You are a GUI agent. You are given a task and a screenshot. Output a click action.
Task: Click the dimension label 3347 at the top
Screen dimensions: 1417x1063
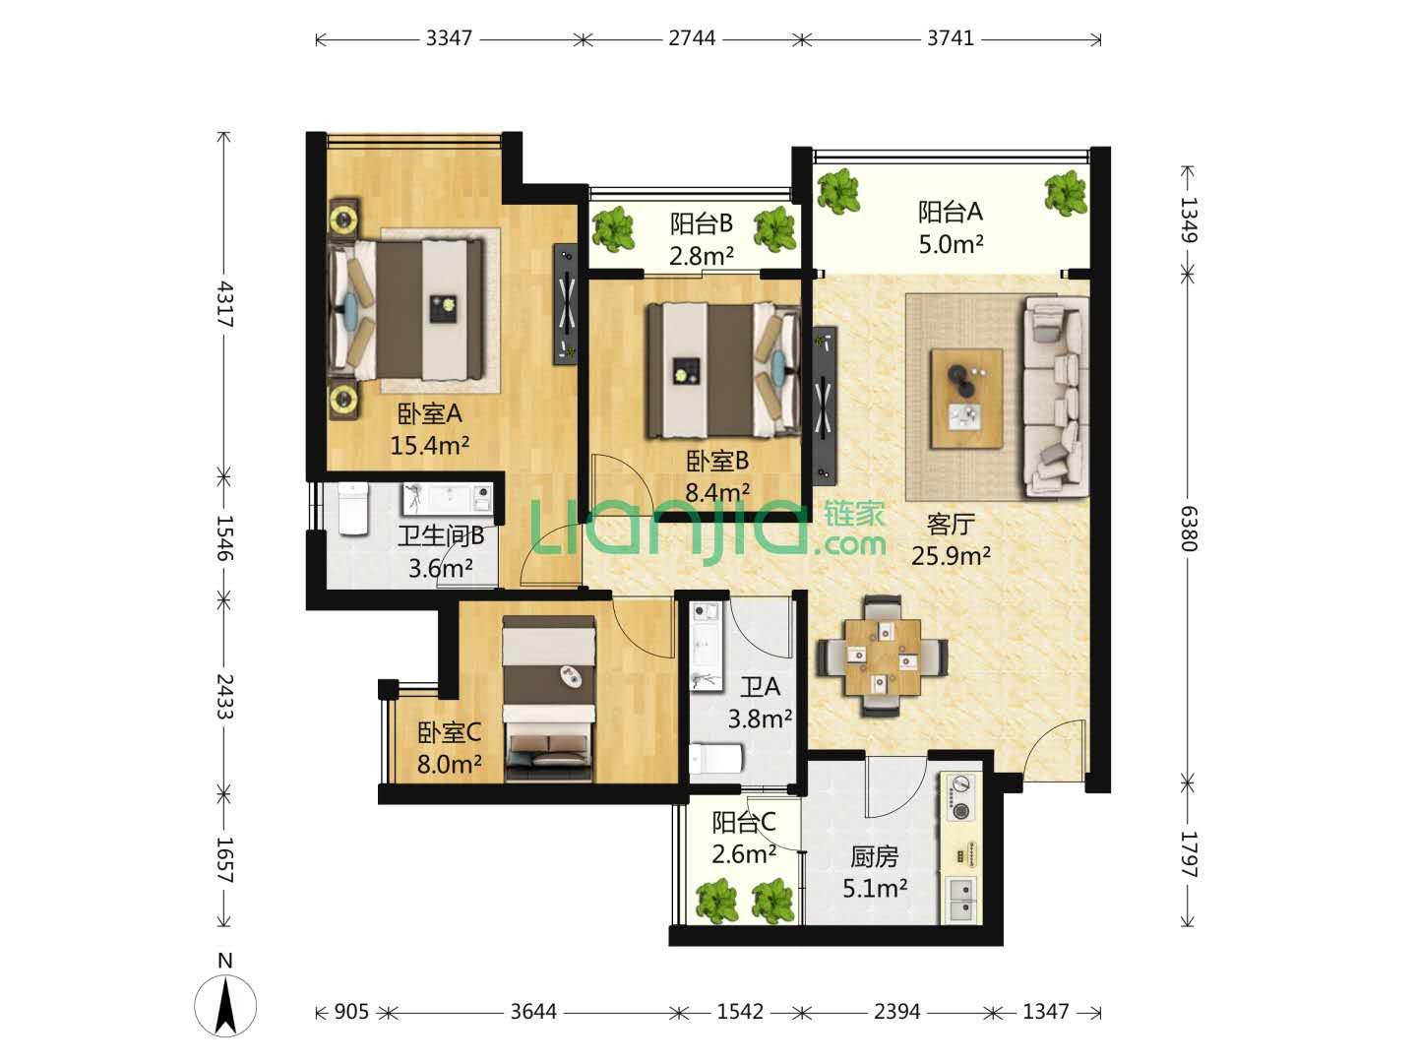[449, 38]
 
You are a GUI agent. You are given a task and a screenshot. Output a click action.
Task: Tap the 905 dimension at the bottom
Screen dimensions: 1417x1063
[351, 1012]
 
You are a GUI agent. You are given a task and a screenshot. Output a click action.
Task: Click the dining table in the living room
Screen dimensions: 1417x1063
[882, 657]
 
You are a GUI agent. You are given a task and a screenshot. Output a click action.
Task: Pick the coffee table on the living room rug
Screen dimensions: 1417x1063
[966, 399]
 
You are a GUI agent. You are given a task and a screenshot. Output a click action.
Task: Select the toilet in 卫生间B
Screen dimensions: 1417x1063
[352, 509]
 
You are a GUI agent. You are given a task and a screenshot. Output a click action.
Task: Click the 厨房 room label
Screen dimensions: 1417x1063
[874, 857]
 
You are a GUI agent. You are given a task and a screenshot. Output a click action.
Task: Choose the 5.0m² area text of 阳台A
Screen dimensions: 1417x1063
[951, 244]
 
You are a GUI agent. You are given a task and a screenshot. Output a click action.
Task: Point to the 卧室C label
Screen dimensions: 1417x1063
[449, 733]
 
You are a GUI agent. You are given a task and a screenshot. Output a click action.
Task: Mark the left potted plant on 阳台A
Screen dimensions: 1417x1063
[838, 190]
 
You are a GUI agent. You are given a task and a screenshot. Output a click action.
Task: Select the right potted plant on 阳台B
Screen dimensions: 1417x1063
[775, 229]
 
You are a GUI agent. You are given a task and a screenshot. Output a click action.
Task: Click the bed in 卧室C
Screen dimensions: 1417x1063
[549, 699]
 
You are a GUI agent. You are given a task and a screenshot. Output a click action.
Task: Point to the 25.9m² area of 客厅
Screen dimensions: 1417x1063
[951, 555]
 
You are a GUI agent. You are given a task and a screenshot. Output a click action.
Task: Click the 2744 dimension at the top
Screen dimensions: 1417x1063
[692, 38]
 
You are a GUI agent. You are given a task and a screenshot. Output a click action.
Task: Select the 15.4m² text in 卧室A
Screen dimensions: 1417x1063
[429, 445]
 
